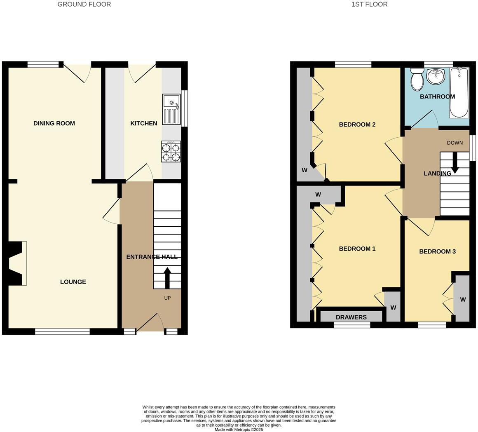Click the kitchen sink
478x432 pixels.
(171, 109)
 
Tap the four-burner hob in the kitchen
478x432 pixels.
(171, 152)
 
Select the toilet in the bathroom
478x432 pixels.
(417, 79)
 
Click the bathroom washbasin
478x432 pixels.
(435, 76)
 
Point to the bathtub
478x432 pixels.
(459, 93)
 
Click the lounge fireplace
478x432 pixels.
(17, 263)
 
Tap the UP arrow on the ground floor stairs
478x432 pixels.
(167, 278)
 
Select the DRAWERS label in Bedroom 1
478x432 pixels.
(351, 317)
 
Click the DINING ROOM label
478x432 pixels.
(54, 123)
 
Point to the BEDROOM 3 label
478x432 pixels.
(437, 251)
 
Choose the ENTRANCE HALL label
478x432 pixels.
(152, 257)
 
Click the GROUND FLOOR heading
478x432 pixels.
(84, 5)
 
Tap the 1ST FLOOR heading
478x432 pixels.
(369, 5)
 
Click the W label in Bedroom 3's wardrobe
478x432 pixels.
(463, 300)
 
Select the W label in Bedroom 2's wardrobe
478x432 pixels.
(305, 170)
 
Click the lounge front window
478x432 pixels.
(62, 331)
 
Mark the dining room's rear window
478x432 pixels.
(43, 64)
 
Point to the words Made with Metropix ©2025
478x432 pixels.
(239, 430)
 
